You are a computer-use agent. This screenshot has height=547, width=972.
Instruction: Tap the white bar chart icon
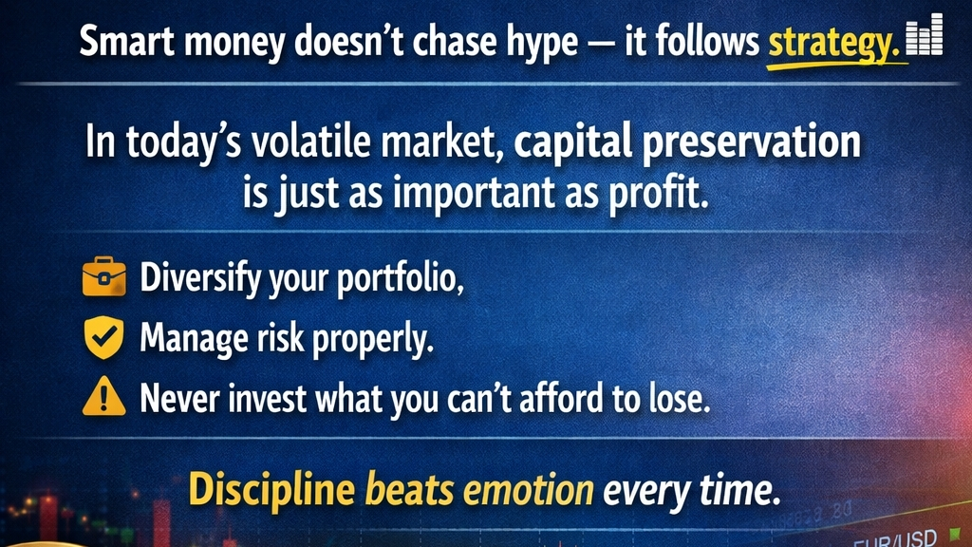925,35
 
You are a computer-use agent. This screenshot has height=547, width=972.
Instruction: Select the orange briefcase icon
104,276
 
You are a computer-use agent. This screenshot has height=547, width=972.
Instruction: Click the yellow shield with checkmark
104,337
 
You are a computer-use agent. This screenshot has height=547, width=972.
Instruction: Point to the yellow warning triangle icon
104,396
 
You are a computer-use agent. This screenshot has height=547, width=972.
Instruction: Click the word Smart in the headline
127,42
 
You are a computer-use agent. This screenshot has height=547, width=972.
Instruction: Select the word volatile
311,141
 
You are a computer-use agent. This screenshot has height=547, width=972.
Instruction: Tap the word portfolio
401,278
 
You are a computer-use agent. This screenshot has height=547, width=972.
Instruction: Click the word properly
372,340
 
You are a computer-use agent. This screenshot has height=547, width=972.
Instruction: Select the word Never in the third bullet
180,398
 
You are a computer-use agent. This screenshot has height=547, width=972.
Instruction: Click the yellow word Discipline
271,490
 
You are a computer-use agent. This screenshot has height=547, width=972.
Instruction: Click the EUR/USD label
895,538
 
